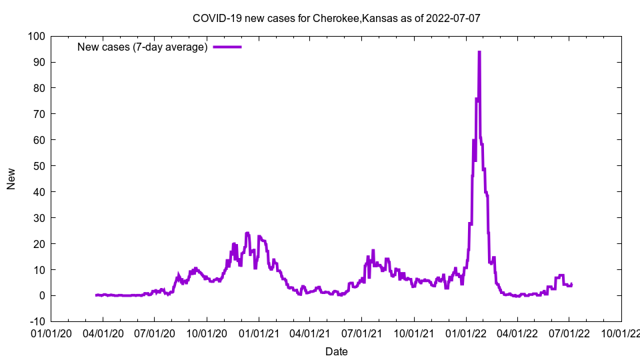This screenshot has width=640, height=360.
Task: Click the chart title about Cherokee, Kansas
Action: tap(336, 18)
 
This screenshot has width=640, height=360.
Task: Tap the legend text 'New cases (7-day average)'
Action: tap(143, 47)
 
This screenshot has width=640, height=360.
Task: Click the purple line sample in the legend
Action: tap(227, 47)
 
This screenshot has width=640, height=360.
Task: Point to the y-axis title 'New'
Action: tap(11, 179)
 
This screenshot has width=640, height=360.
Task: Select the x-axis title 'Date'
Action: tap(336, 351)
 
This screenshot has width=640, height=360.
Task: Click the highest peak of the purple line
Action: tap(479, 52)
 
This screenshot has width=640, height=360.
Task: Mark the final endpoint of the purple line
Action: tap(571, 283)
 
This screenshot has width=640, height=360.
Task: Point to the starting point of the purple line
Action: tap(96, 295)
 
